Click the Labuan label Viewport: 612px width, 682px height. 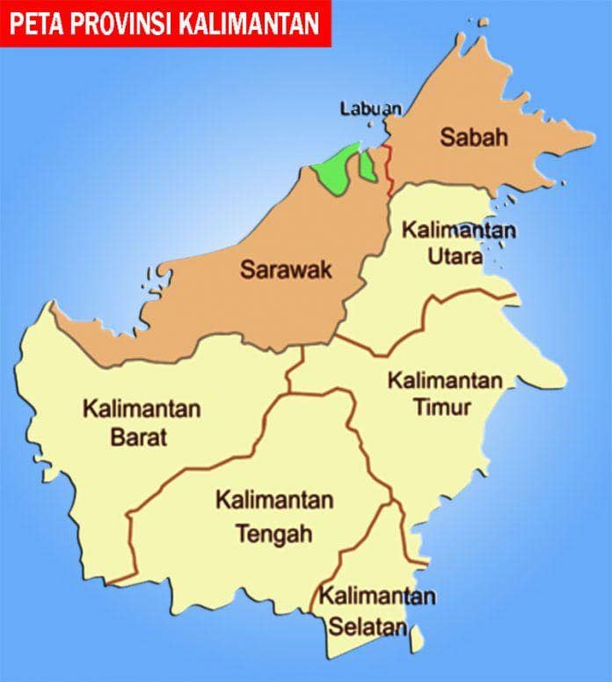(x=370, y=109)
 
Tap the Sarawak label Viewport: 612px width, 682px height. (x=286, y=269)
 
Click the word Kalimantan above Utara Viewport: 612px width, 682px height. (x=459, y=231)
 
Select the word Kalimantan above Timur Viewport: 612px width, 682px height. (x=446, y=382)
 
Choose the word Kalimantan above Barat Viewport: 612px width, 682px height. (x=142, y=409)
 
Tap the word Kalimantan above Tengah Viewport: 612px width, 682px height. (x=274, y=501)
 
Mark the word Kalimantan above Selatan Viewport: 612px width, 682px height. (x=377, y=597)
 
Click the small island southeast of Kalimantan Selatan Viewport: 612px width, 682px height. (x=418, y=631)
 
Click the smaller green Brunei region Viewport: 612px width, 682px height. (x=368, y=165)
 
